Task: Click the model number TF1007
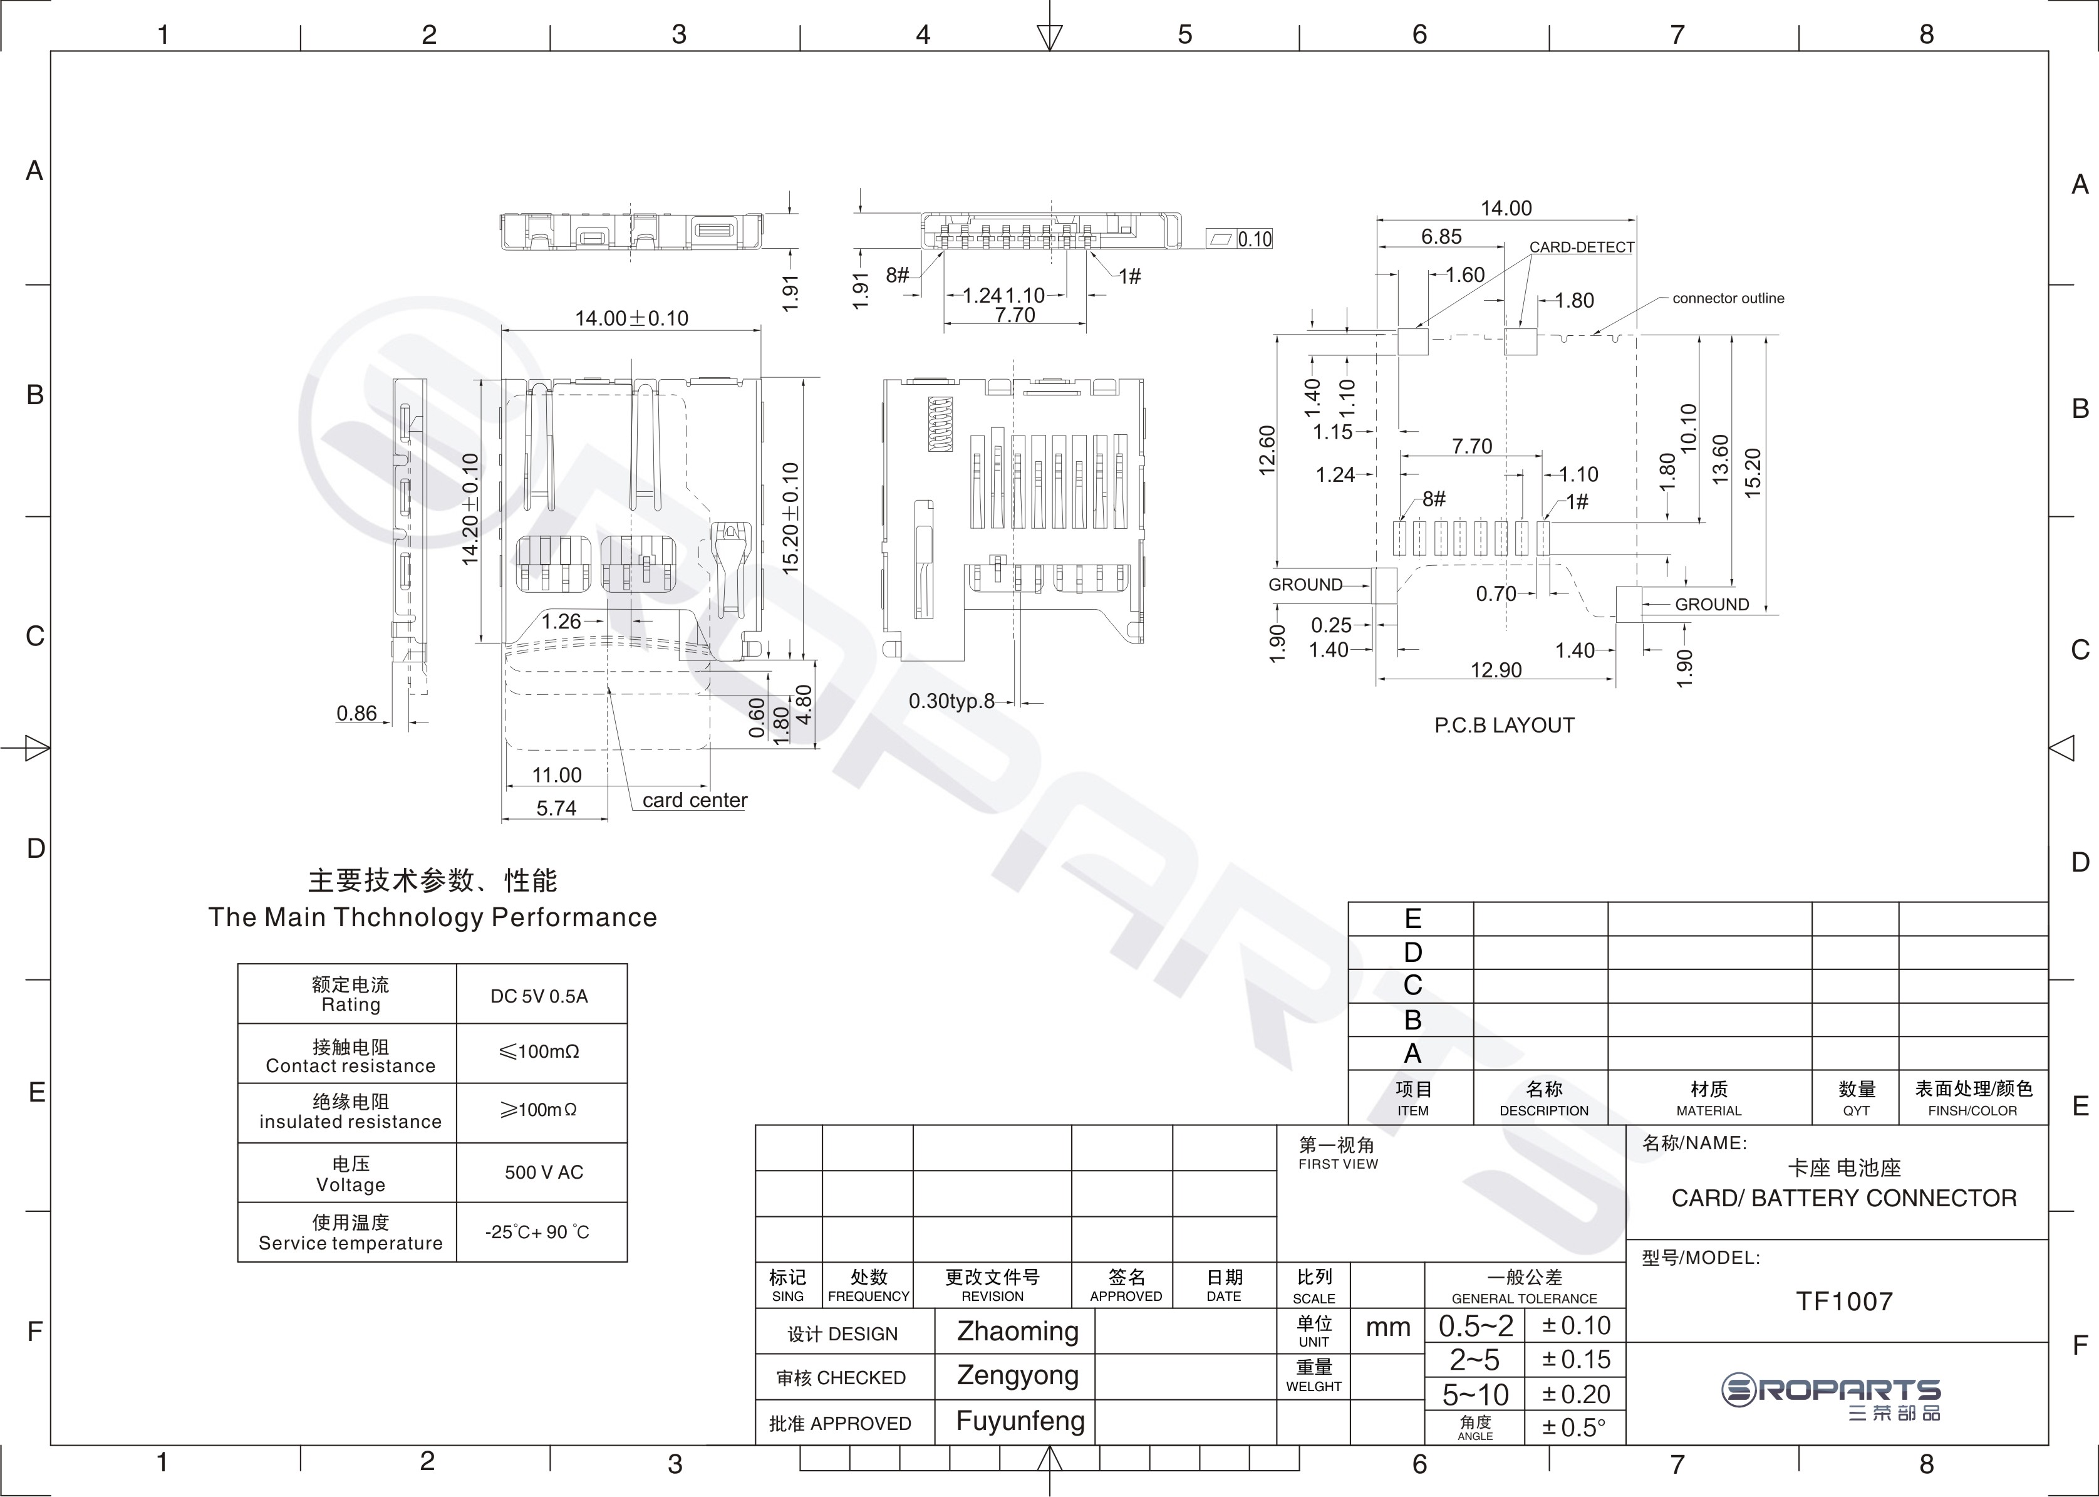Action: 1844,1301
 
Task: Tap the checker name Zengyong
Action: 1017,1375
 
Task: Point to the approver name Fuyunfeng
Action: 1020,1421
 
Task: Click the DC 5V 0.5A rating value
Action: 539,996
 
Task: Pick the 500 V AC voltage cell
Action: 544,1172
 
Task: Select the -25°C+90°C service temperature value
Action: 537,1231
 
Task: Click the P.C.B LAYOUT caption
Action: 1504,726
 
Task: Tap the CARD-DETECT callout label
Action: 1581,247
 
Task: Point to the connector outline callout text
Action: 1728,298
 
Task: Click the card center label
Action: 695,800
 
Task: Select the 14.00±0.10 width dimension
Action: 631,318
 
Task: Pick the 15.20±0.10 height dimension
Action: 790,519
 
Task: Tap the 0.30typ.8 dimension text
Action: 952,701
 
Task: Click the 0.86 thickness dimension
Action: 356,712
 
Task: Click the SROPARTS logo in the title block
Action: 1831,1397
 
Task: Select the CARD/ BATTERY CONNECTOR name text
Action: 1844,1198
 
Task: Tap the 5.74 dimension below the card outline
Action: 557,808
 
